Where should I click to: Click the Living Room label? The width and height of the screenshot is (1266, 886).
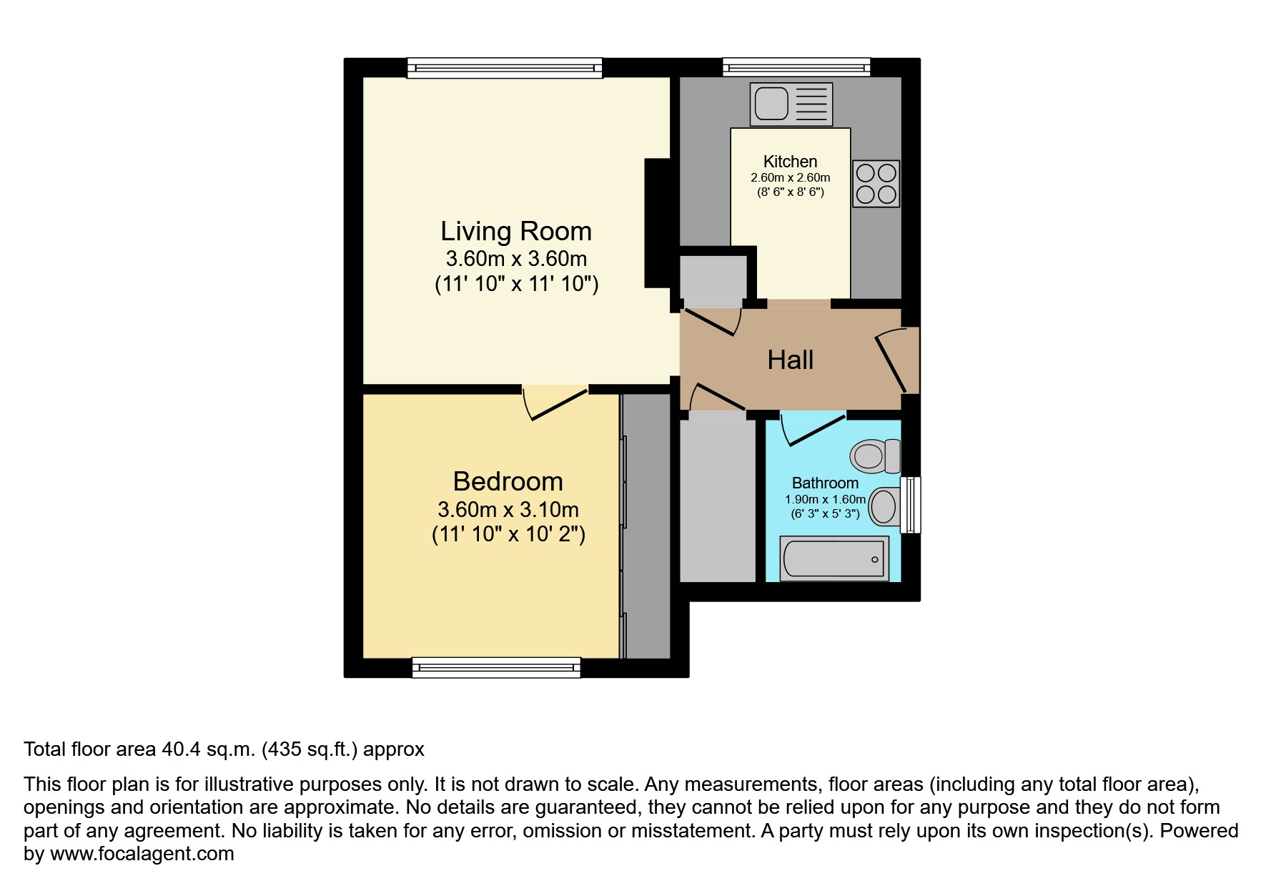[x=515, y=232]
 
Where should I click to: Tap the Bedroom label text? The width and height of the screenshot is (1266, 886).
[x=508, y=482]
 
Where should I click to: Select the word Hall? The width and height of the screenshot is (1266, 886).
[x=790, y=360]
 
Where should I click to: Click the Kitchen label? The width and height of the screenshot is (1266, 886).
[x=790, y=162]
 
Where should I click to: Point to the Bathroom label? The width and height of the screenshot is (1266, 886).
[x=825, y=483]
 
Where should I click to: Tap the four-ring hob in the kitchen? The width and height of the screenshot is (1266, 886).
[x=876, y=184]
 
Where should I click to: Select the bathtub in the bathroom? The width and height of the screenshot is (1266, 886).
[x=834, y=558]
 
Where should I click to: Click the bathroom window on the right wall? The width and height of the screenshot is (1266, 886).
[x=910, y=505]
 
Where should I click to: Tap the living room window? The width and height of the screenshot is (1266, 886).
[x=505, y=68]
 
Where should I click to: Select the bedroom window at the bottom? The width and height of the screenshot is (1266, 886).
[x=496, y=668]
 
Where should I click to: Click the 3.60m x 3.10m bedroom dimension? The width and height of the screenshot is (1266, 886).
[x=508, y=510]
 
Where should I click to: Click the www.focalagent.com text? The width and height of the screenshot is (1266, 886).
[x=142, y=854]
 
